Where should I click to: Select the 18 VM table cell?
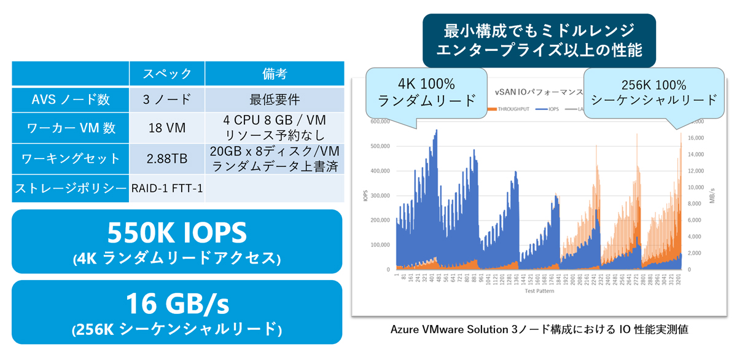(166, 129)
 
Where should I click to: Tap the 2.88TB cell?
(166, 158)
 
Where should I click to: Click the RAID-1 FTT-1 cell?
(166, 188)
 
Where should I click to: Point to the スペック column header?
(166, 74)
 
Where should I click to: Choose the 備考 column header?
(274, 74)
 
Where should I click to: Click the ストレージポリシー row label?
(70, 188)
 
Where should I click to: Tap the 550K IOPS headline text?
(176, 233)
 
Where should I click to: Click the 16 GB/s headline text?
(176, 303)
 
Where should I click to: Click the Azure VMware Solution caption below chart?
(539, 330)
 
